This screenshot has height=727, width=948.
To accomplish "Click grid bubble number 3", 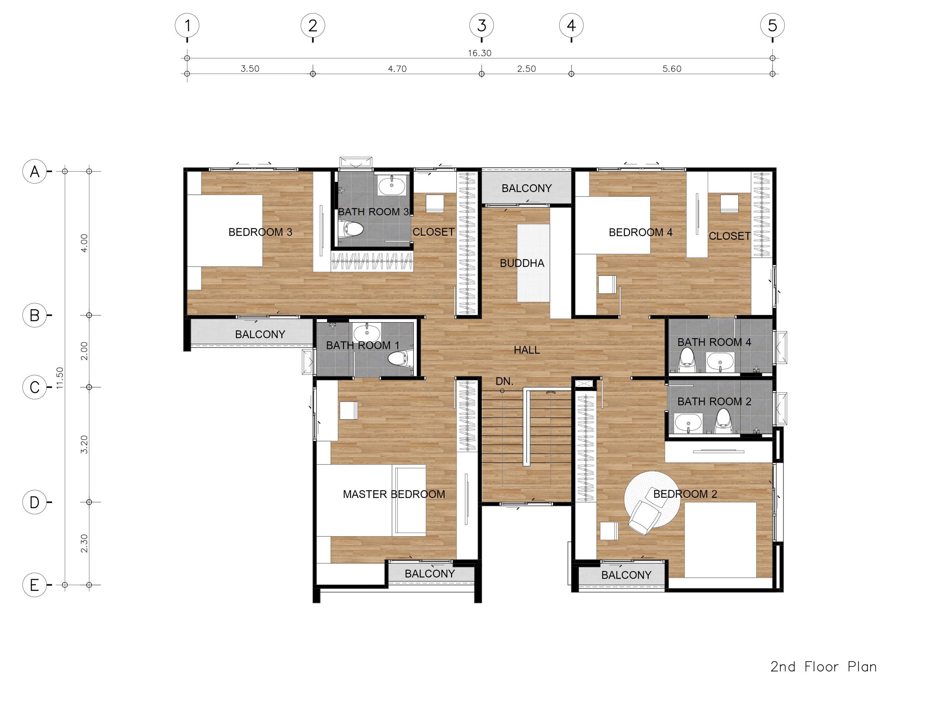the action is [x=481, y=26].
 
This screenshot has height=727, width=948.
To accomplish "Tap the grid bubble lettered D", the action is [x=34, y=502].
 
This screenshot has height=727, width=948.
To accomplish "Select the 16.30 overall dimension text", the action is [x=480, y=53].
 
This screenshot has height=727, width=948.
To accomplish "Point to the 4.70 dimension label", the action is [x=397, y=69].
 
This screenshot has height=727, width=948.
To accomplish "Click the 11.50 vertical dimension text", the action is [x=60, y=378].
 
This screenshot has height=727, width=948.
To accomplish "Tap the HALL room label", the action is [x=527, y=350].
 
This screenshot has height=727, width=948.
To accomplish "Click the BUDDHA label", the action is [x=522, y=263].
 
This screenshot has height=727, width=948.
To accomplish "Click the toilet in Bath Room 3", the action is [x=353, y=229].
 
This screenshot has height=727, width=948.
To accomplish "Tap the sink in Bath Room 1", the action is [x=367, y=334].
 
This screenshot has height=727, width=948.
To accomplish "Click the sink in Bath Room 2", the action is [x=688, y=423].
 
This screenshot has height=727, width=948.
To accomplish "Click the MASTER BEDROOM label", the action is [x=394, y=494].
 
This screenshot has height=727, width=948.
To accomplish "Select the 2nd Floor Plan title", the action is [x=824, y=667].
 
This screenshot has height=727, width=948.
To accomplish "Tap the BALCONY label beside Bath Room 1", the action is [x=260, y=334].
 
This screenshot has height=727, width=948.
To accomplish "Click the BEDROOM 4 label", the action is [x=640, y=232].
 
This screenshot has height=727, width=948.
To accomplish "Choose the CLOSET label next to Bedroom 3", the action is [x=433, y=232].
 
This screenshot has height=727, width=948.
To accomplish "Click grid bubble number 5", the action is [x=772, y=26].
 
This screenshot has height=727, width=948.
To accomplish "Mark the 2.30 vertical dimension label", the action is [x=84, y=543].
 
